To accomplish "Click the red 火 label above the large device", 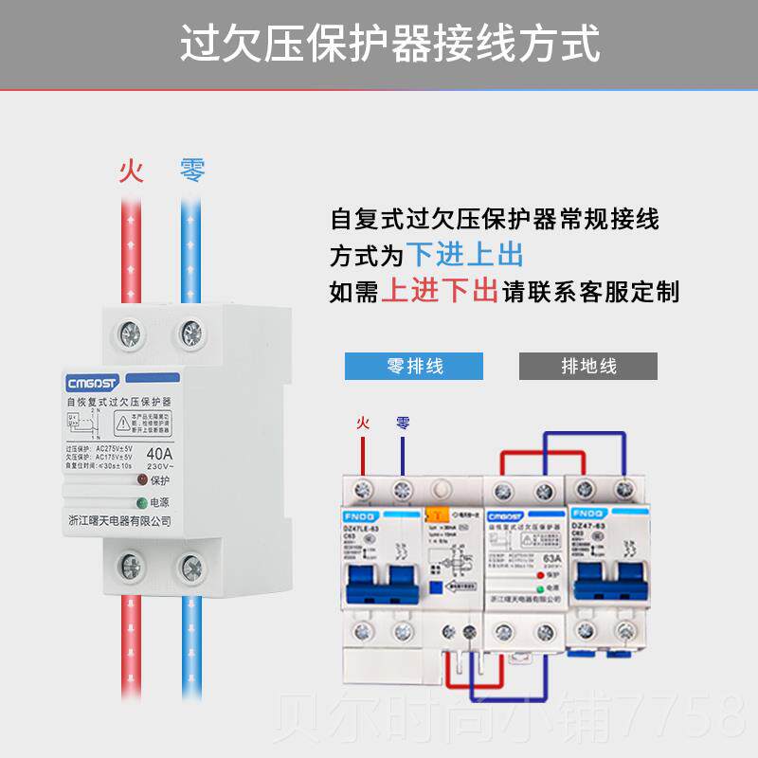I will tap(131, 171).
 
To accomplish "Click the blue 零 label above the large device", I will tap(191, 171).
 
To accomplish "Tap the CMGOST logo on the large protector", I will tap(92, 383).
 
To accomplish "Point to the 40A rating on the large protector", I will tap(159, 453).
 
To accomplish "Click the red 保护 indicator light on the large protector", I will tap(142, 480).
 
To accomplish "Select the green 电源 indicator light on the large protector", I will tap(142, 503).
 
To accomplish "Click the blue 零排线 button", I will tap(414, 366).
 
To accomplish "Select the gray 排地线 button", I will tap(588, 366).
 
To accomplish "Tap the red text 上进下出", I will tap(440, 291).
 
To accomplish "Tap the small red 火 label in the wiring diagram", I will tap(361, 424).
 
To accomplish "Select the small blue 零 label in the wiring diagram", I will tap(403, 424).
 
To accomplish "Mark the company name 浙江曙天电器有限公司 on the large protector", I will tap(120, 521).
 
